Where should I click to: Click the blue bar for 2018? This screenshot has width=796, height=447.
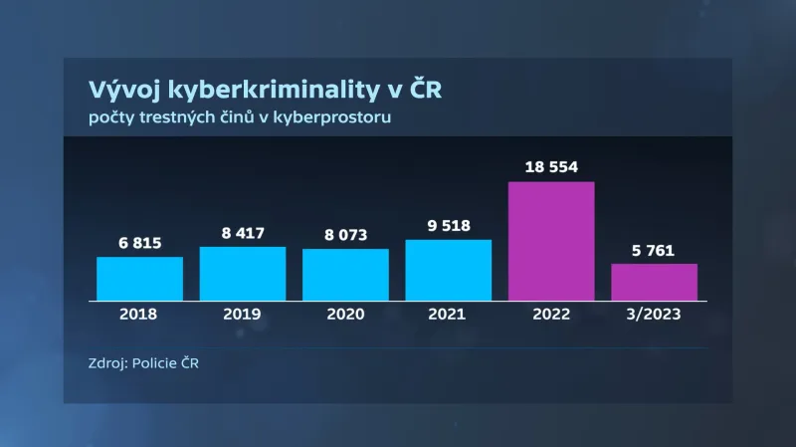(x=139, y=278)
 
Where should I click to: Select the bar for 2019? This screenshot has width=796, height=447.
(x=243, y=273)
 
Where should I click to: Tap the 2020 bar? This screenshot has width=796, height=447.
(x=345, y=274)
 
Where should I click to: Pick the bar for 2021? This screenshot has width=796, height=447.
(x=449, y=269)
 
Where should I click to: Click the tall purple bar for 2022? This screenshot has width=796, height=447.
(x=551, y=240)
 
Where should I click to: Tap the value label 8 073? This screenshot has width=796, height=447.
(x=345, y=235)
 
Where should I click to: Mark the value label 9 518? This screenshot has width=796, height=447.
(x=449, y=226)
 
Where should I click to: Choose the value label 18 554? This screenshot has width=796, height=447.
(x=551, y=167)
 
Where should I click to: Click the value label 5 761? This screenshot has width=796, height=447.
(x=654, y=250)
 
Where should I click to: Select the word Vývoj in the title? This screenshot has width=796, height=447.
(x=118, y=91)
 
